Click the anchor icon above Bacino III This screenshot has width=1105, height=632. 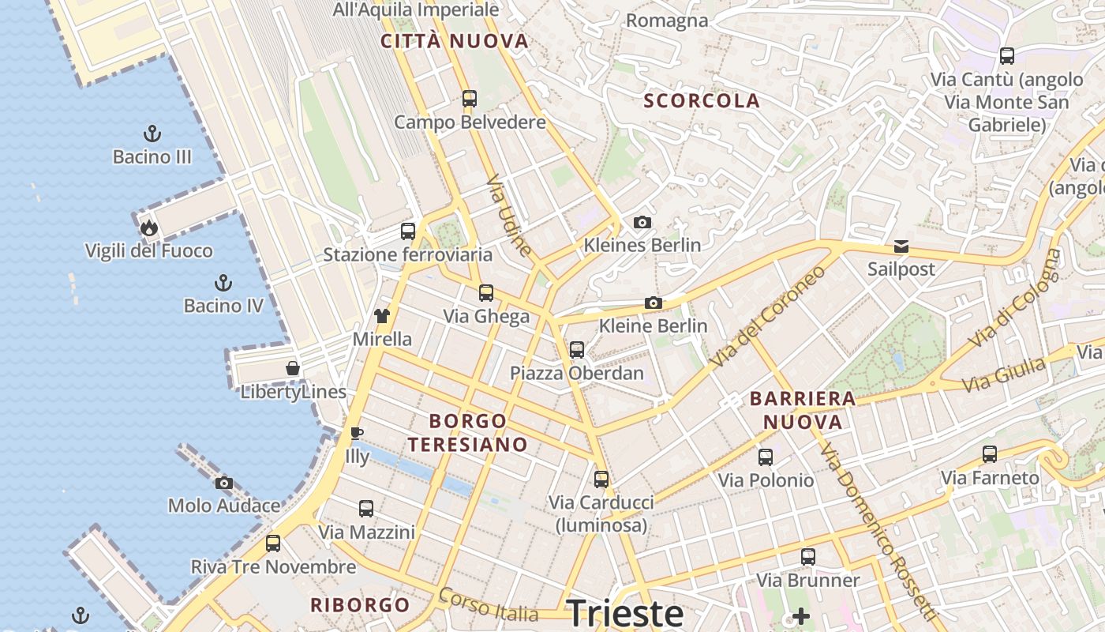[x=152, y=133]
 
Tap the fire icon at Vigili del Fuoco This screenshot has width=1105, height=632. [x=149, y=228]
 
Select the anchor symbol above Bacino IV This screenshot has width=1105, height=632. [x=223, y=282]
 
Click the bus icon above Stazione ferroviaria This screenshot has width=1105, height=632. [x=408, y=231]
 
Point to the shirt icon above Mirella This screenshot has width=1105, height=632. [x=382, y=316]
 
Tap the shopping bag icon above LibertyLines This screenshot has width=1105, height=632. [x=293, y=368]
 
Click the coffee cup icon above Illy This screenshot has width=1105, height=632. [x=357, y=433]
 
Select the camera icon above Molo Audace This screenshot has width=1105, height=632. [x=224, y=483]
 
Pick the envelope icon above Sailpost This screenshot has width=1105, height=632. [x=901, y=246]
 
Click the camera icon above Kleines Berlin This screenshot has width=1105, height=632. [x=642, y=222]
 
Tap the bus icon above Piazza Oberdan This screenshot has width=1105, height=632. [x=577, y=349]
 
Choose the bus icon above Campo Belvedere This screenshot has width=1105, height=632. [x=470, y=99]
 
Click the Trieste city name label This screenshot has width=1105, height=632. [x=625, y=613]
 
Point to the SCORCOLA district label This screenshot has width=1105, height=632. [x=702, y=101]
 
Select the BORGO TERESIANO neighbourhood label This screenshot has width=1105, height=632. [x=468, y=432]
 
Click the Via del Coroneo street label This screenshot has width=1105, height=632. [x=767, y=316]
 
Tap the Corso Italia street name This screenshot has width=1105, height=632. [x=489, y=606]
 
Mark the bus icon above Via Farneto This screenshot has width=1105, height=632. [x=990, y=454]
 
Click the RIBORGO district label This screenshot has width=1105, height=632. [x=360, y=606]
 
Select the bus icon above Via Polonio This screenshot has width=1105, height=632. [x=766, y=457]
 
